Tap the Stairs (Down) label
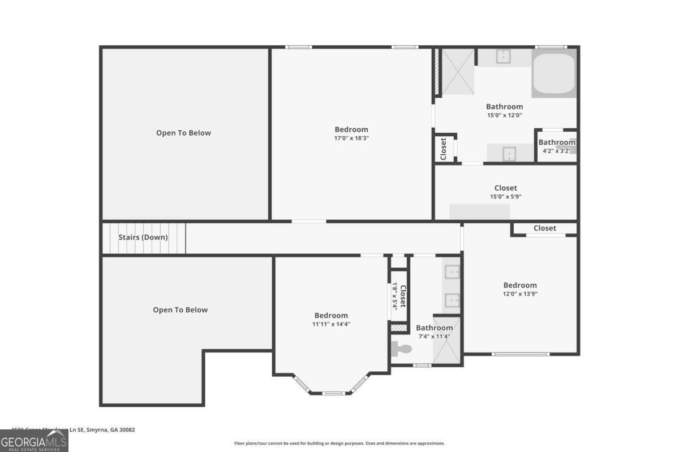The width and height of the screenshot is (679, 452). pos(143,237)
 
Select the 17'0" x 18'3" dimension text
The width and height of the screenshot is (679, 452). pos(351,138)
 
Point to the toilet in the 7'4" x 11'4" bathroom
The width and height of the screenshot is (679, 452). pos(402,349)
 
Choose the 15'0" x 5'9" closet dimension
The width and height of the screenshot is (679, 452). pos(505,197)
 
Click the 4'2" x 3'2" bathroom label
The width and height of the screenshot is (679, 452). pos(556,151)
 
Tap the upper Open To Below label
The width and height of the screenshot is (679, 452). pos(183,133)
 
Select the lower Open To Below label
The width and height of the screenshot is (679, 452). pos(180,310)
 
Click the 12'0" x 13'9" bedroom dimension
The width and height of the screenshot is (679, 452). pos(520,294)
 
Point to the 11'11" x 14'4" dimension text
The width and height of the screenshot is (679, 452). pos(331,324)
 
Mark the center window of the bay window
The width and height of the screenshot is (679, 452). pos(333,393)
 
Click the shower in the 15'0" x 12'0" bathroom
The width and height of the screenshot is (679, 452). pos(457,72)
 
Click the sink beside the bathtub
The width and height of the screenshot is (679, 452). pos(504,57)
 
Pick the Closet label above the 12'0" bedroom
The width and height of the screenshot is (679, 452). pos(544,228)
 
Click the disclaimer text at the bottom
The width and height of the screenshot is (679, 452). pos(339,444)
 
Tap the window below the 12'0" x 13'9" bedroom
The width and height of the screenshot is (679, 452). pos(520,354)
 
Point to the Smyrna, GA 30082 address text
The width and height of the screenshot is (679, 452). pos(108,430)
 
